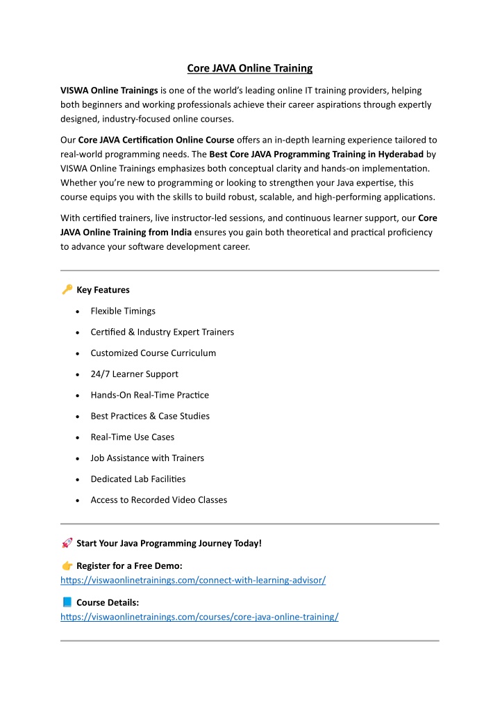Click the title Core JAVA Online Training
click(x=250, y=68)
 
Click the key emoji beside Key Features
click(x=67, y=289)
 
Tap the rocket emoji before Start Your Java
click(x=67, y=542)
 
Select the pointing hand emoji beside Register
click(x=67, y=565)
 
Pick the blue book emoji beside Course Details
click(x=67, y=602)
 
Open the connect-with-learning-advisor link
click(x=193, y=580)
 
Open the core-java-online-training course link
click(x=199, y=617)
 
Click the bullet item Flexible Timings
click(x=123, y=311)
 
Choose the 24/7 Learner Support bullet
click(x=134, y=374)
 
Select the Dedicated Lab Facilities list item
click(x=138, y=479)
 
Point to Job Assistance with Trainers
click(x=147, y=458)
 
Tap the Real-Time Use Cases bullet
click(x=132, y=437)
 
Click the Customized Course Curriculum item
click(x=153, y=353)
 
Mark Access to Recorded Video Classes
click(x=158, y=500)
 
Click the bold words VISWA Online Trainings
click(x=109, y=90)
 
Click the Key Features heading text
click(x=103, y=289)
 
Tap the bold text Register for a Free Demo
click(x=129, y=565)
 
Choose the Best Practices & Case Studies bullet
click(x=150, y=416)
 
